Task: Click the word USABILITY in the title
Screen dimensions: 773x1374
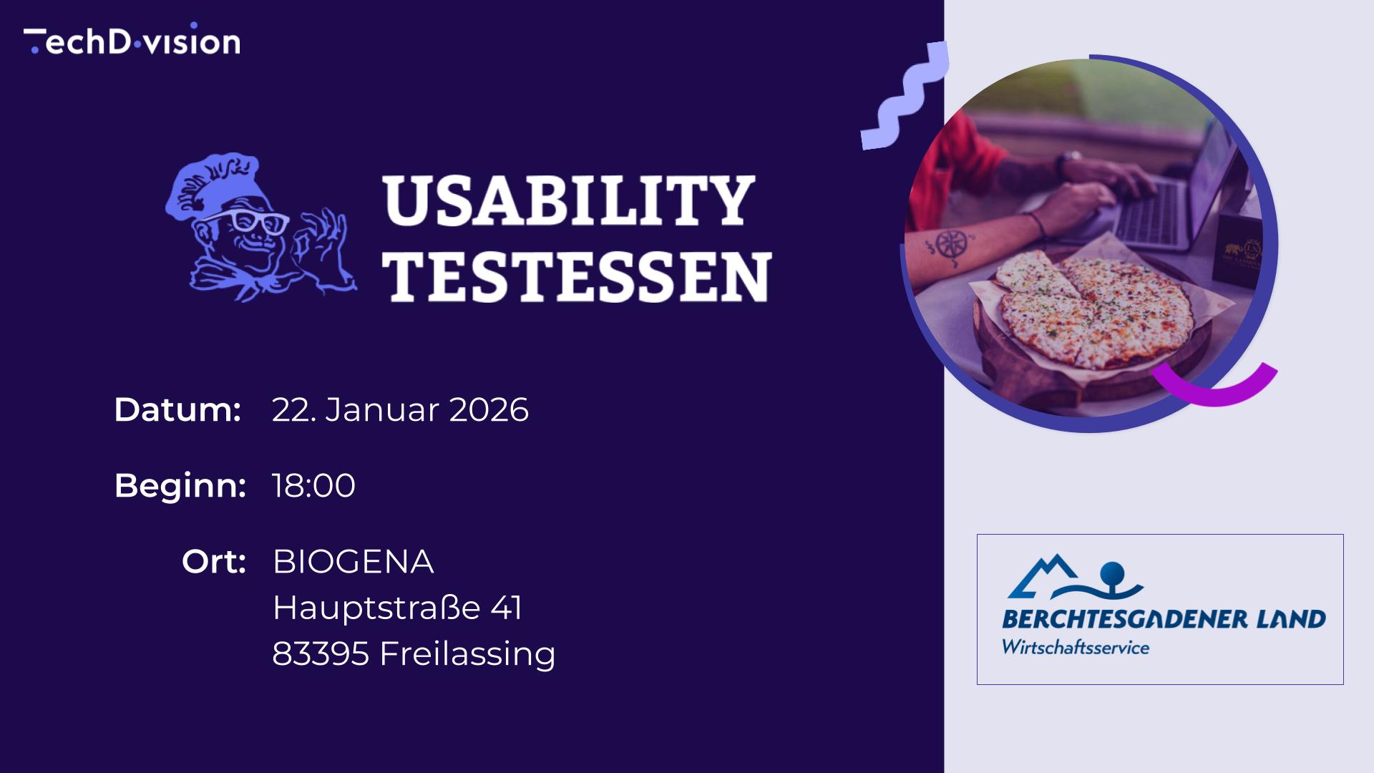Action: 568,202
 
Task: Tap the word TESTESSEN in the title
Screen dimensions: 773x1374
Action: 577,276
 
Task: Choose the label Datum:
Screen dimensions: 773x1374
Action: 177,410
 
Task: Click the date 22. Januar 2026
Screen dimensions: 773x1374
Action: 400,410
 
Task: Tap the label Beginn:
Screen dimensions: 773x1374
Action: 180,486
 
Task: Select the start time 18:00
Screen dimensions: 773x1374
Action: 313,486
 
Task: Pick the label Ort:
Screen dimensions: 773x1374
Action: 214,562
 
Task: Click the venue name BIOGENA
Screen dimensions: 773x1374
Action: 353,562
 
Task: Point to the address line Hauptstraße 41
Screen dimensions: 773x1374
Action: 397,608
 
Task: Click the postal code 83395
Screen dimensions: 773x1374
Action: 321,653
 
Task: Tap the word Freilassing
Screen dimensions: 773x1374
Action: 467,654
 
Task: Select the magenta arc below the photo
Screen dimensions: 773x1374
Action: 1217,386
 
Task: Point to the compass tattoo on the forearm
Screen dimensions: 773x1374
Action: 951,245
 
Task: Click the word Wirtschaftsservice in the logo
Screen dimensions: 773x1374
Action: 1075,648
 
